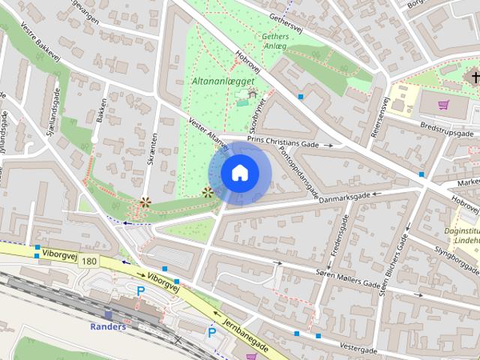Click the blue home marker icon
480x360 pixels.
239,173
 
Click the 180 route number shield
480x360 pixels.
89,261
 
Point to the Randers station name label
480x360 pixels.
108,326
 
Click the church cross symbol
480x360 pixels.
475,78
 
